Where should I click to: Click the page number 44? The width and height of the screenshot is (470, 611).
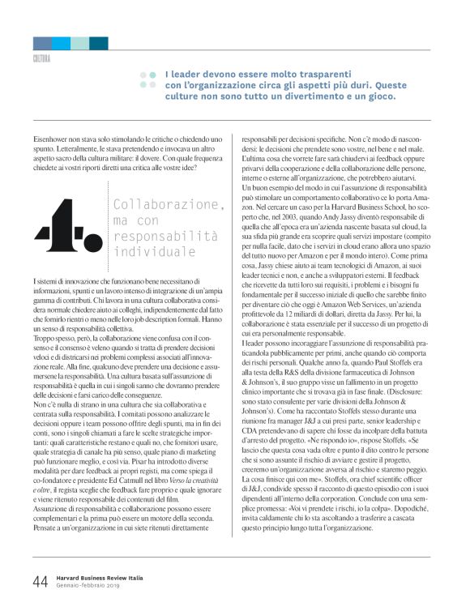[39, 582]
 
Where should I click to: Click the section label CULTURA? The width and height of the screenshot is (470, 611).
[41, 59]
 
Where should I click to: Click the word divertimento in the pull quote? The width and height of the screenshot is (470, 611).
[324, 96]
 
